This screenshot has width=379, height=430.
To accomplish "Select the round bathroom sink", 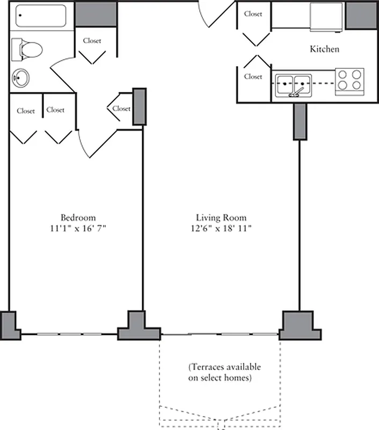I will point(20,78).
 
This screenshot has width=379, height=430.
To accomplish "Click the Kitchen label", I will point(325,49).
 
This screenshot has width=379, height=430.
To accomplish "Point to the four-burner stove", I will point(349,81).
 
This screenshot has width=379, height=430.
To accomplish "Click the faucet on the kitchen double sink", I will point(294,94).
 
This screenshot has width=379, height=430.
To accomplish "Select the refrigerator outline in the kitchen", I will point(326,17).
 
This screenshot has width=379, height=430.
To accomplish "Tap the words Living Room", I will point(221,218).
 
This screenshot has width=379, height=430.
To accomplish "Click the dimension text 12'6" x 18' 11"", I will point(221,228).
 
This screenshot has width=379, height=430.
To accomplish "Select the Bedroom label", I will point(78,218).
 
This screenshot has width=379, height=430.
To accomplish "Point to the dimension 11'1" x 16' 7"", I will point(78,228).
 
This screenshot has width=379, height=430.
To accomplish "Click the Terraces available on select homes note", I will point(224,372).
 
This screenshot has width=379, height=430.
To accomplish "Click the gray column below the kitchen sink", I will point(299,121).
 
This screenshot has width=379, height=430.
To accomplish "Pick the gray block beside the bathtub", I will point(96,14).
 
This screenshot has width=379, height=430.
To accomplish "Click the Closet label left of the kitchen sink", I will point(253,76).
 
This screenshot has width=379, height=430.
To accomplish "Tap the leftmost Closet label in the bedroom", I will point(26,111).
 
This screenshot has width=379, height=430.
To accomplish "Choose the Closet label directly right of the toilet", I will point(92,40).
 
